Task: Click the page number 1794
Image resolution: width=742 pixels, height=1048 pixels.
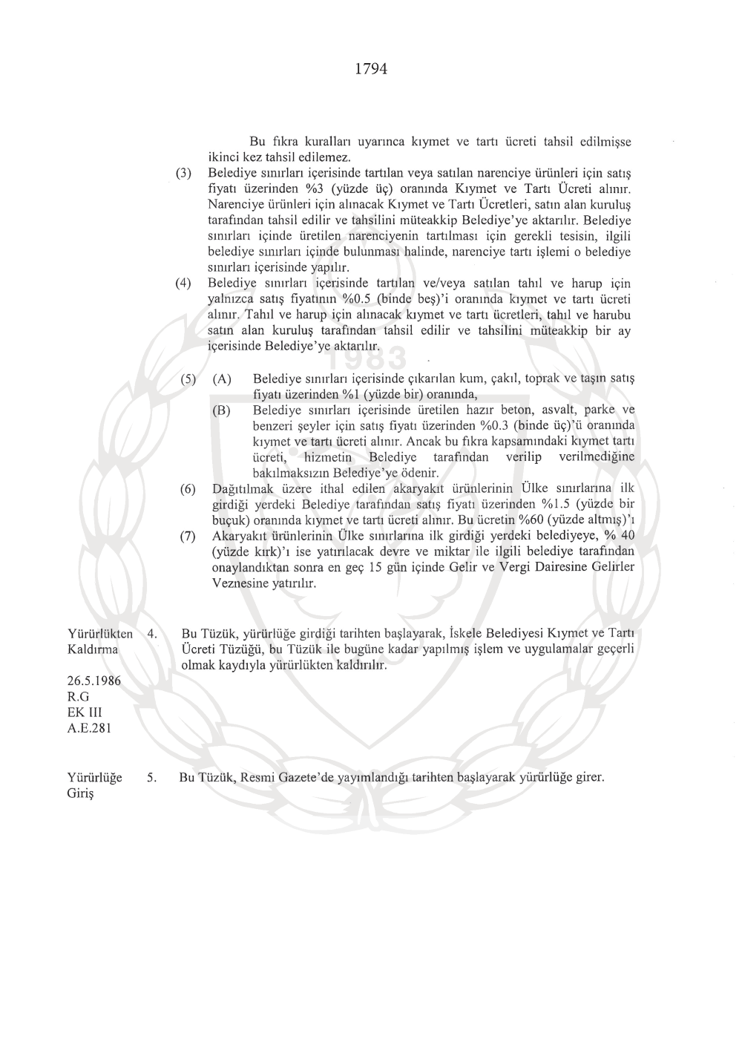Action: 371,69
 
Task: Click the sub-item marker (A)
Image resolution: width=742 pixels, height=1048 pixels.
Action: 221,379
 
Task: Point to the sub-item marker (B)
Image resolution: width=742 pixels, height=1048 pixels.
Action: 221,410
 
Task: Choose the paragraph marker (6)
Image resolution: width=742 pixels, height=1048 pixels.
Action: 188,489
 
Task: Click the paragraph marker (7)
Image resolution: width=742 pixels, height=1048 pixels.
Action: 188,537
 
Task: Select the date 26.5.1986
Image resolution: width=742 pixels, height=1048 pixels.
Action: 94,681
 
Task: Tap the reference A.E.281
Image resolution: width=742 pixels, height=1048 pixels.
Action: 89,728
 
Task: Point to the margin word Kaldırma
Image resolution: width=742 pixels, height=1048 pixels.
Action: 93,649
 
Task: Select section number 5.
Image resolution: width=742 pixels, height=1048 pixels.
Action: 151,778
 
